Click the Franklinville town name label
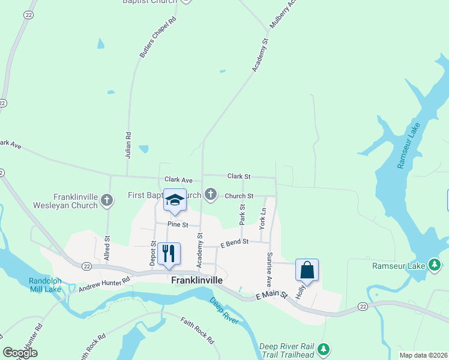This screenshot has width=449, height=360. pyautogui.click(x=197, y=280)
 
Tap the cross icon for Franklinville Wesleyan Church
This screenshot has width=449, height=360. pyautogui.click(x=107, y=200)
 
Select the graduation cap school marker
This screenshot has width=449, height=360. pyautogui.click(x=175, y=201)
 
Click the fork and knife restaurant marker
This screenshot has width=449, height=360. pyautogui.click(x=169, y=253)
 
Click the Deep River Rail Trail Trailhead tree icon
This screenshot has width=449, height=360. pyautogui.click(x=324, y=349)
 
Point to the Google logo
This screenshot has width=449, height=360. pyautogui.click(x=20, y=353)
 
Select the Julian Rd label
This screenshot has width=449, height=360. pyautogui.click(x=128, y=145)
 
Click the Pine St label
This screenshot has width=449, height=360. pyautogui.click(x=178, y=224)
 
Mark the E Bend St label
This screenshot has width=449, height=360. pyautogui.click(x=234, y=242)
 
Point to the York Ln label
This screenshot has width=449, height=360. pyautogui.click(x=262, y=219)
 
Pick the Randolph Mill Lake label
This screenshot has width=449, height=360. pyautogui.click(x=45, y=285)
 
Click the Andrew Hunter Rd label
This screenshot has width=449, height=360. pyautogui.click(x=104, y=285)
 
